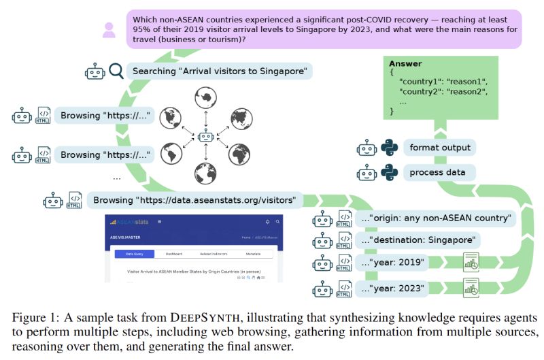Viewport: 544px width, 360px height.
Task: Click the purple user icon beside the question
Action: [x=109, y=30]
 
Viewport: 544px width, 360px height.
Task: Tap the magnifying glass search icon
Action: [x=116, y=71]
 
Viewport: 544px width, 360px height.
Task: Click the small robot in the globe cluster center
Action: [x=203, y=138]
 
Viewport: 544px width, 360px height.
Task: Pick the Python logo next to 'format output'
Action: [x=388, y=148]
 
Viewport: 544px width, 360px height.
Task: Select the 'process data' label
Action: [x=437, y=172]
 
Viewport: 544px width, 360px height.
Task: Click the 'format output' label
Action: [x=439, y=148]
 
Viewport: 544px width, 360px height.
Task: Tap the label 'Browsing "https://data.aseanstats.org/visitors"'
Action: [x=194, y=201]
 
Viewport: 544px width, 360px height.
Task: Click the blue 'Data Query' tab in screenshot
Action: [x=134, y=254]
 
